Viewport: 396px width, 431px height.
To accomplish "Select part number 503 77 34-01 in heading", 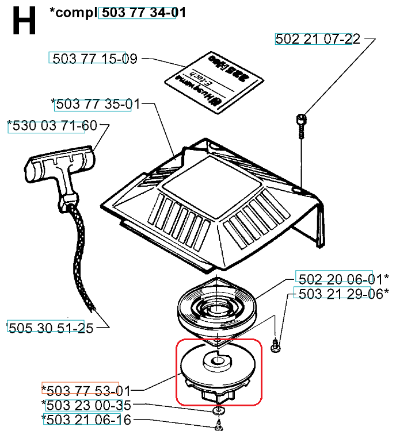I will pos(137,13).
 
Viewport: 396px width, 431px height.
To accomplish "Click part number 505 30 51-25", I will pos(46,327).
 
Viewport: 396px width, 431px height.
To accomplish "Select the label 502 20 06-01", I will pos(334,279).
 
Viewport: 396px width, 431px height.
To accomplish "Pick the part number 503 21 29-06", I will pos(334,294).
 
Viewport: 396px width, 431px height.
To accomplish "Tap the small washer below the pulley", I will pos(219,410).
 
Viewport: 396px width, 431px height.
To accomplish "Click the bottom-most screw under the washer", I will pos(219,426).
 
